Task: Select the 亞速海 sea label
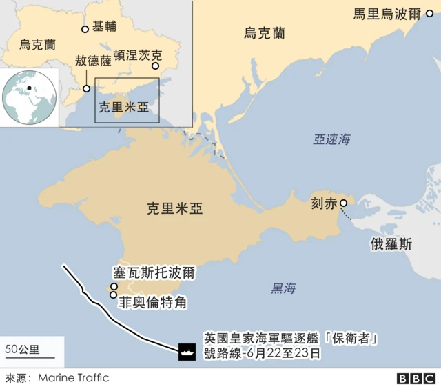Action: pos(331,139)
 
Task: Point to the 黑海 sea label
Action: pos(283,288)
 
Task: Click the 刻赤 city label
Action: pos(325,203)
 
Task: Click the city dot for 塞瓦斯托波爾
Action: pos(114,286)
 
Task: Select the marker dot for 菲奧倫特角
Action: pos(113,295)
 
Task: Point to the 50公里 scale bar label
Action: pos(22,348)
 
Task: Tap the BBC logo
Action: pos(416,379)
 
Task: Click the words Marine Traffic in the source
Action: pos(74,378)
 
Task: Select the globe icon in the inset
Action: pos(29,97)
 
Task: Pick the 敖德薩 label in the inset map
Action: pos(93,61)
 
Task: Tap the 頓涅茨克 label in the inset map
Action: pos(137,54)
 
